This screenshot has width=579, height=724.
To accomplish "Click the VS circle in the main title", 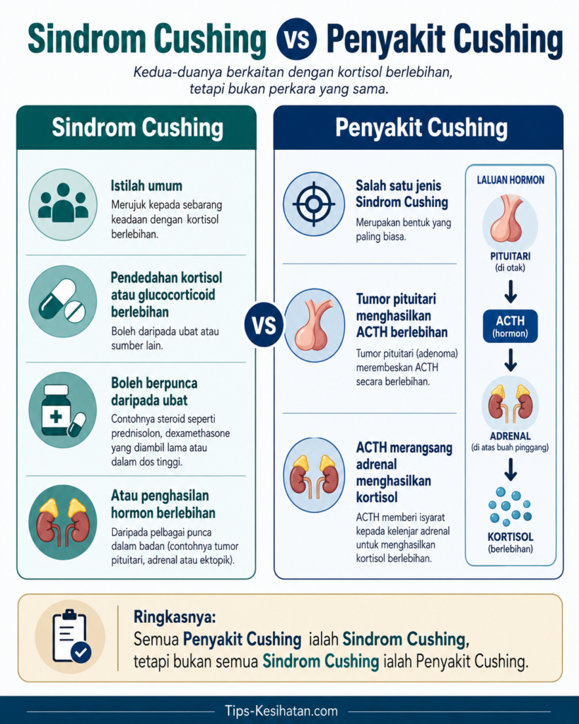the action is click(x=296, y=38).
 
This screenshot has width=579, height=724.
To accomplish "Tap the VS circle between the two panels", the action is click(x=264, y=325).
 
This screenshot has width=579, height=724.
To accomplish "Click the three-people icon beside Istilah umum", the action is click(x=63, y=204).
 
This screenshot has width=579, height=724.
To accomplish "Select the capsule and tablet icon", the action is click(x=63, y=301).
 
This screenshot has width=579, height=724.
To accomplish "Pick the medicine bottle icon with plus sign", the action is click(x=63, y=410).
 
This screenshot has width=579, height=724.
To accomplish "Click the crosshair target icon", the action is click(x=313, y=204).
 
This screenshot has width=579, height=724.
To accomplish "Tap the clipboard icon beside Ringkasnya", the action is click(x=70, y=636).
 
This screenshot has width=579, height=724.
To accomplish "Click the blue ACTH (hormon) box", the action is click(x=510, y=326).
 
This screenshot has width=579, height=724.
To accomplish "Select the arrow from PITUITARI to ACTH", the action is click(x=510, y=291).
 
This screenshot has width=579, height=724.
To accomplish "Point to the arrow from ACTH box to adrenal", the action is click(x=510, y=360).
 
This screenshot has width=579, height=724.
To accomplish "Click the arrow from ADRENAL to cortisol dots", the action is click(x=510, y=469).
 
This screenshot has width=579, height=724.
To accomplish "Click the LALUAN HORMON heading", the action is click(x=510, y=180).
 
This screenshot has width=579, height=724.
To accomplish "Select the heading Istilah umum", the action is click(x=146, y=186).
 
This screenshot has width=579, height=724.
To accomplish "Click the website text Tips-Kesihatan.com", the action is click(x=281, y=711).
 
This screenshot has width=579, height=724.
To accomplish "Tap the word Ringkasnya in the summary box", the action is click(x=175, y=617).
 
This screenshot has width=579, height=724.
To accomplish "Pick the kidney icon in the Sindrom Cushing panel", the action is click(x=63, y=522).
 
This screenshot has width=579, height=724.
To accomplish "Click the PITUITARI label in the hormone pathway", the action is click(x=510, y=256).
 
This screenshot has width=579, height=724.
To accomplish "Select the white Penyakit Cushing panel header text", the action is click(x=421, y=128).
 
